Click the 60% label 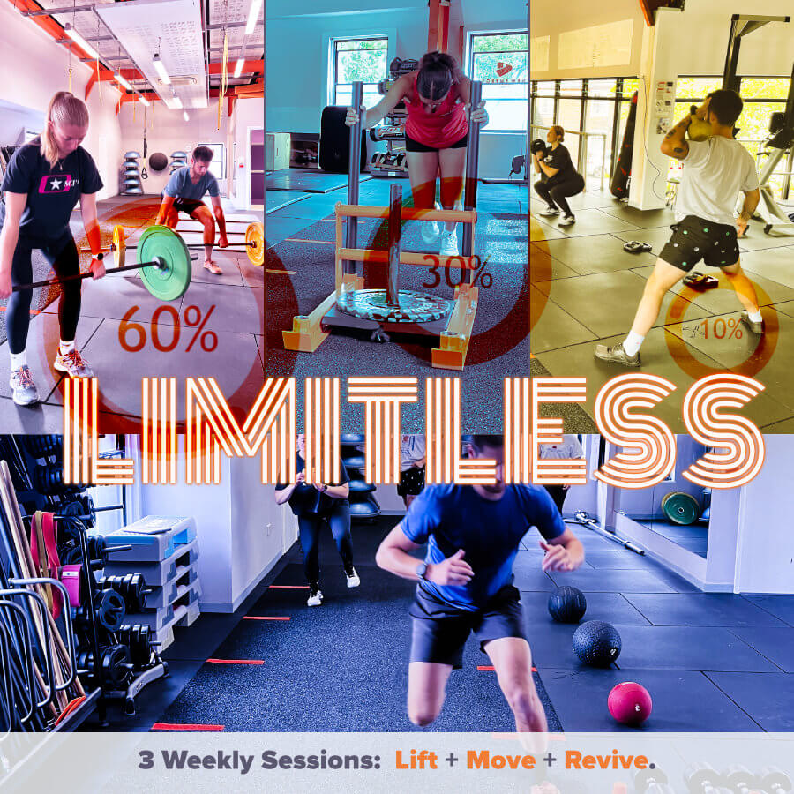point(168,331)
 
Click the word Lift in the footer point(416,760)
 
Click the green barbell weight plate point(165,262)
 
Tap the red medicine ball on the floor point(630,702)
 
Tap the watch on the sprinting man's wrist point(423,570)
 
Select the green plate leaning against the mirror point(681,507)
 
